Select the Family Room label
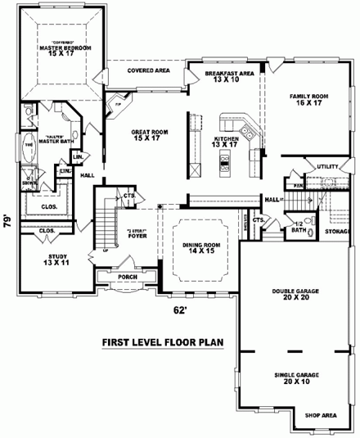(x=308, y=100)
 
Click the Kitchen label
(x=226, y=142)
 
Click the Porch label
(x=127, y=275)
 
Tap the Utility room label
(x=327, y=167)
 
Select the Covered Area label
(x=148, y=71)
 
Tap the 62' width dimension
(x=180, y=309)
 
